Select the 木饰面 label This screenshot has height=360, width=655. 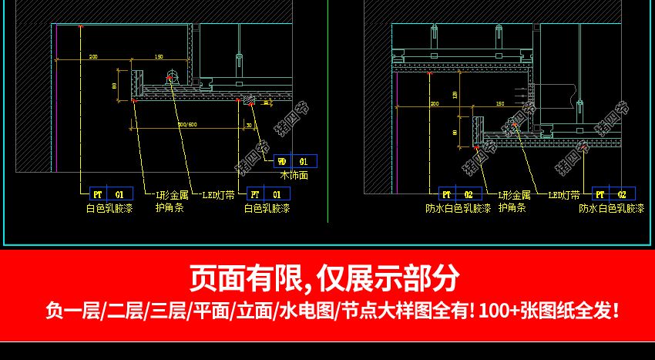click(x=294, y=175)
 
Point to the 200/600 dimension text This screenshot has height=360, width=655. click(x=187, y=124)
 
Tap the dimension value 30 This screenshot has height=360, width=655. click(x=249, y=124)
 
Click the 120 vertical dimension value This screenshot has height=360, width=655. click(x=455, y=95)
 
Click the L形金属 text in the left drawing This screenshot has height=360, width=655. click(x=172, y=195)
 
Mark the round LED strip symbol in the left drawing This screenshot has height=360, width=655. click(x=171, y=76)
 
